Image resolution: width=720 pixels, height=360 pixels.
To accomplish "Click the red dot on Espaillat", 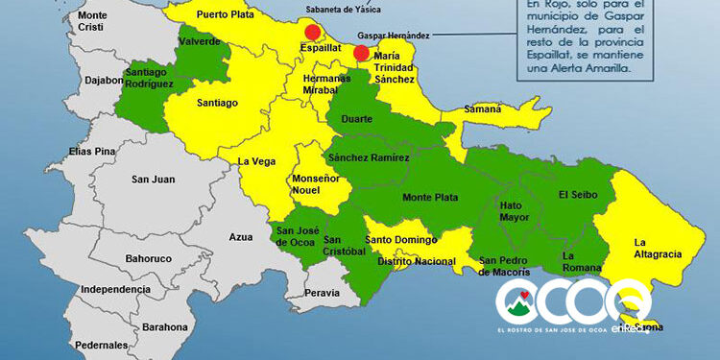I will pos(312,32).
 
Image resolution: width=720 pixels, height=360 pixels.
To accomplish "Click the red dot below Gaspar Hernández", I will pos(361,53).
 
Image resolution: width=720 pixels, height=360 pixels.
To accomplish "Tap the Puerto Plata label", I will pos(226,15).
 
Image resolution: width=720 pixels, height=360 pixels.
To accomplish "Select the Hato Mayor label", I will pos(516,211).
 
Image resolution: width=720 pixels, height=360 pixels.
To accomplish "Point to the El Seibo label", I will pos(578,195).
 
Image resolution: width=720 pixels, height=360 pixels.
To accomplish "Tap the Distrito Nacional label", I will pos(414,261).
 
